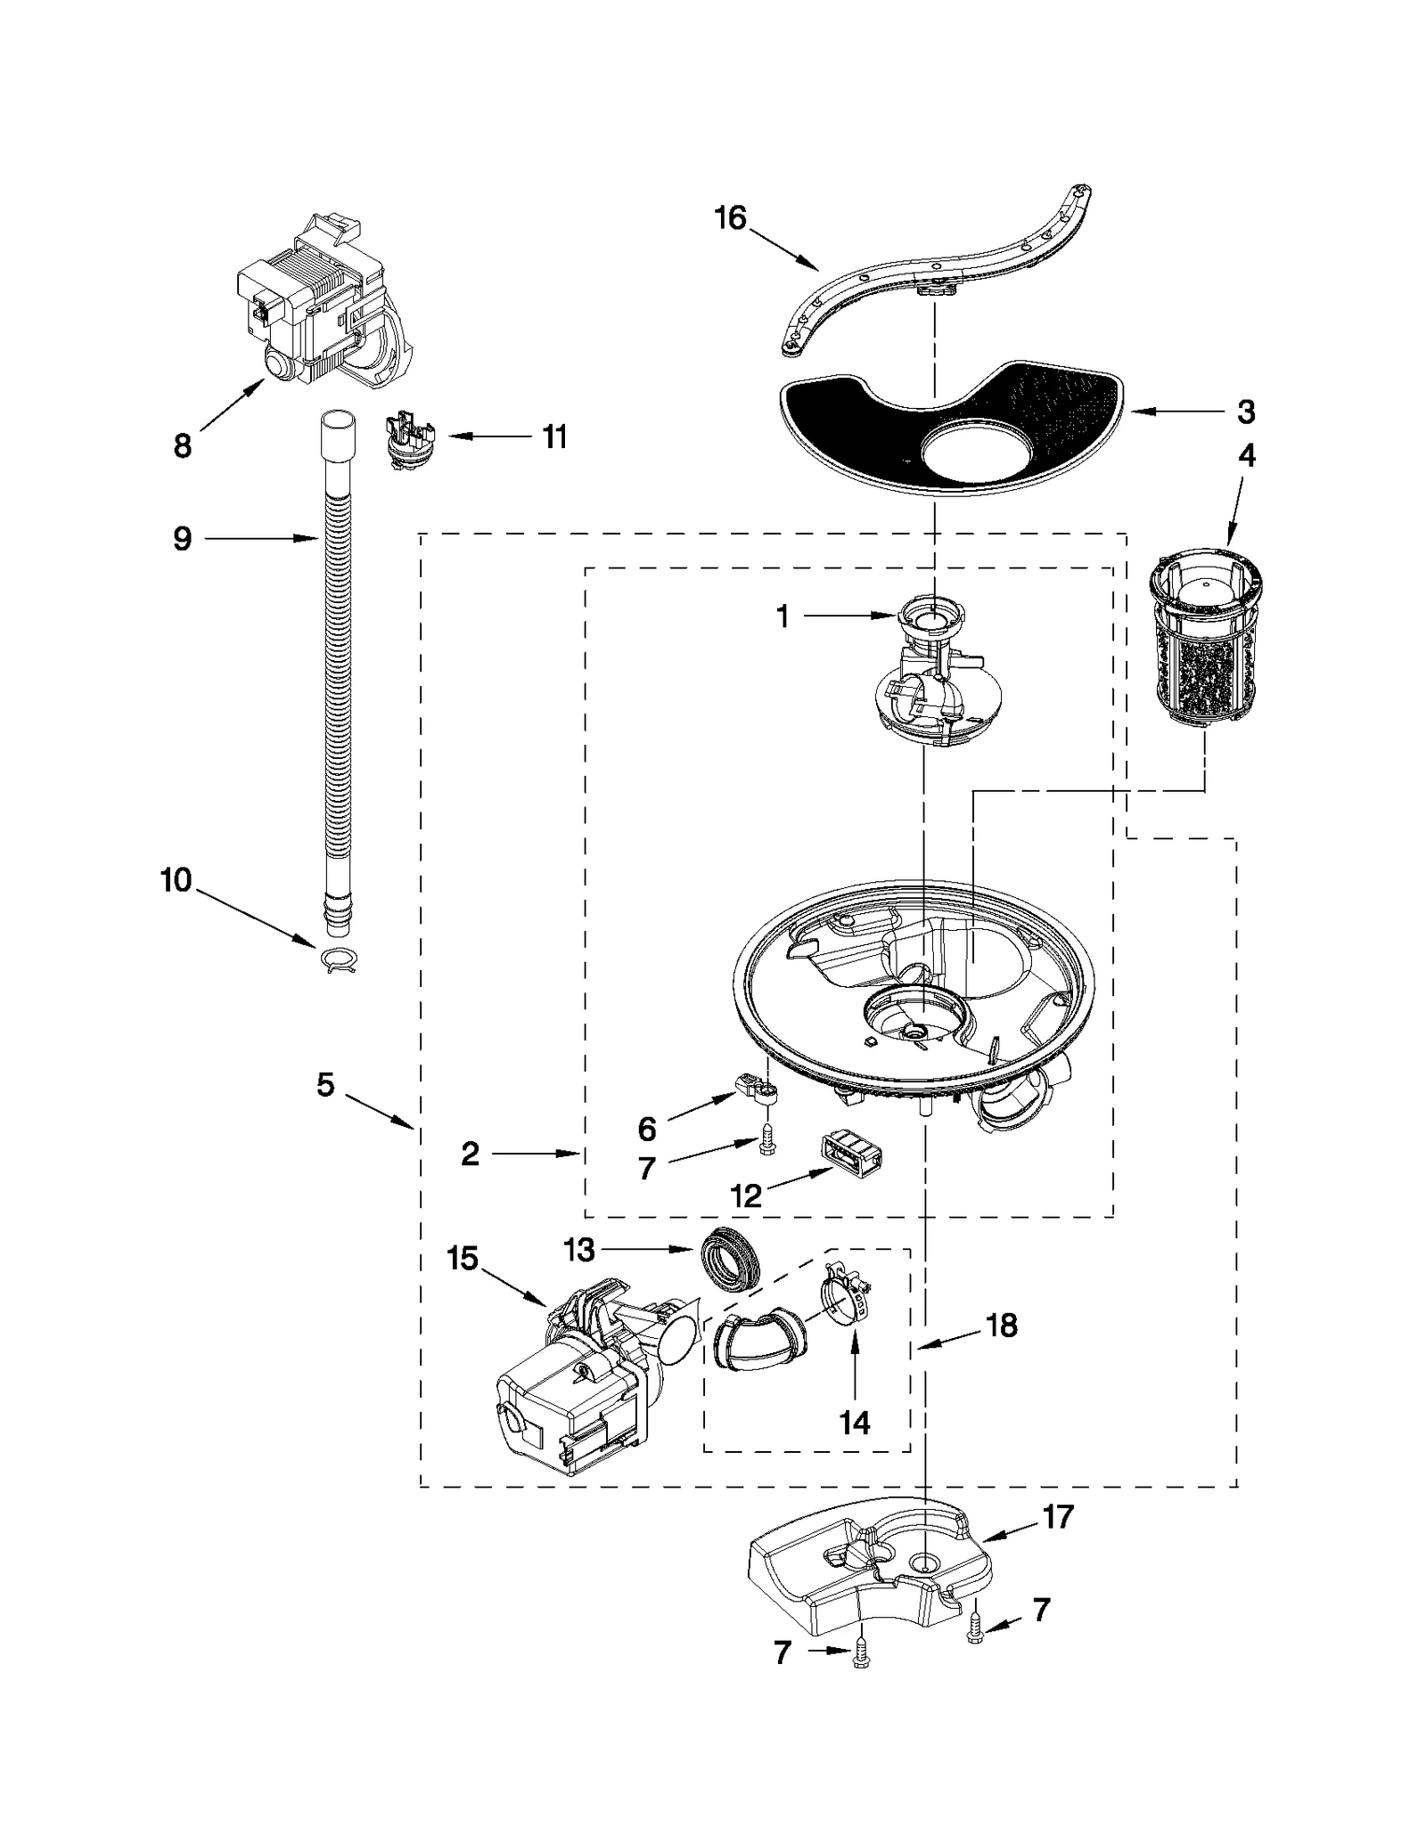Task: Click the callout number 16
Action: click(x=730, y=217)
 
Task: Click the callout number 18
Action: click(x=1002, y=1325)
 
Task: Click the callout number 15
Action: click(x=463, y=1259)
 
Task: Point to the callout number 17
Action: click(x=1058, y=1516)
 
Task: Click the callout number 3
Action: click(x=1246, y=412)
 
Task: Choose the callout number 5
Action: click(x=325, y=1084)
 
